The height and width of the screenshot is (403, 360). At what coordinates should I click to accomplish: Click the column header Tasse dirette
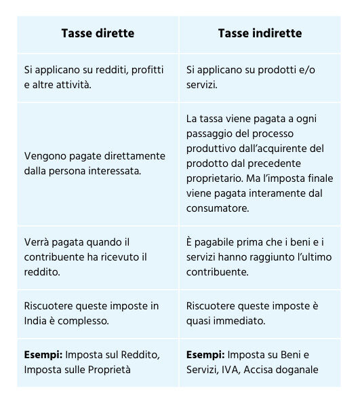[x=98, y=33]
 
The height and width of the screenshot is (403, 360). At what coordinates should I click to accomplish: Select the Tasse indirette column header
[x=260, y=33]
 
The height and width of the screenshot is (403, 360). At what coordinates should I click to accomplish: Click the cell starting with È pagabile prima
[x=260, y=256]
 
